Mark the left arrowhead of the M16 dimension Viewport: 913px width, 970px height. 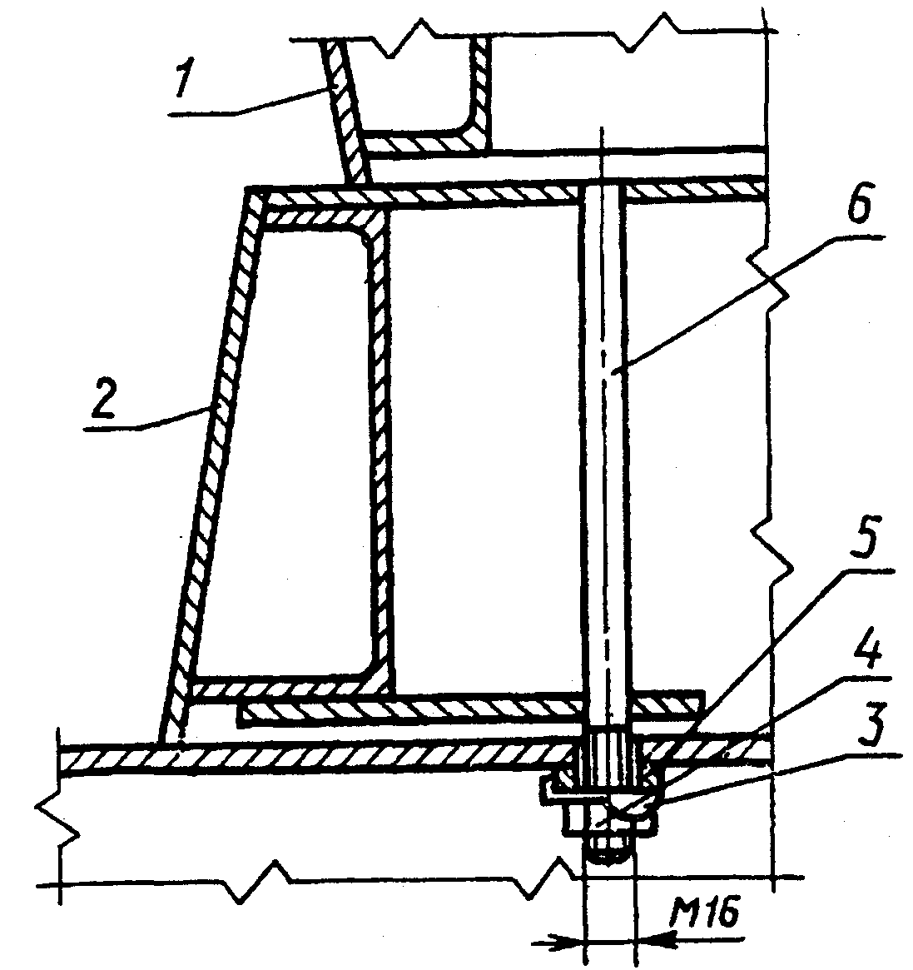coord(570,939)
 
